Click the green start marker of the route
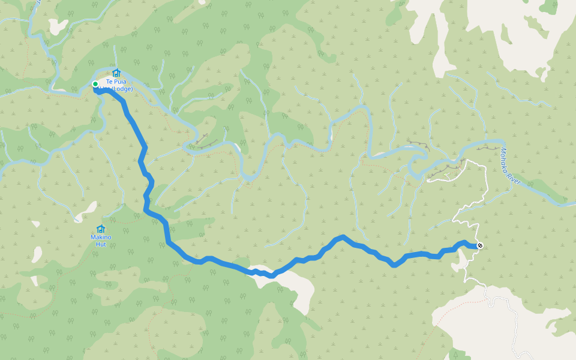95,84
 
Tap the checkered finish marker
479,245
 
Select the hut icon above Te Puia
116,73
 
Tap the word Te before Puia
109,82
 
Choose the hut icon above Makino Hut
101,229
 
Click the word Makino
101,238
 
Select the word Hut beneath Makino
101,245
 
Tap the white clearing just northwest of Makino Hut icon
88,211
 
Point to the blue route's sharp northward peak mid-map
342,237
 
